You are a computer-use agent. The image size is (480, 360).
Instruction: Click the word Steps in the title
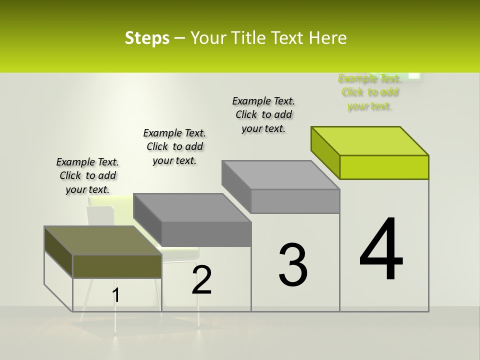coord(147,38)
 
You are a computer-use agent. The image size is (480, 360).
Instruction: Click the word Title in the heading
coord(249,38)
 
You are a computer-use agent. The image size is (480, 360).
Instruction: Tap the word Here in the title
coord(327,38)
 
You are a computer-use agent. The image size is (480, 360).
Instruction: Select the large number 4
coord(381,250)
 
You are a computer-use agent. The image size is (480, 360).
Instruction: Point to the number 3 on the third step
coord(293,265)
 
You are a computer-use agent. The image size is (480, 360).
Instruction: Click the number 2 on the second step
coord(202,280)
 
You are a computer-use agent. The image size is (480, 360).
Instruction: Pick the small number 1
coord(115,295)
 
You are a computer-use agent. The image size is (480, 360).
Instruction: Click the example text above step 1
coord(87,175)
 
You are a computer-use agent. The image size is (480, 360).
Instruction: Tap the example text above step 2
coord(174,146)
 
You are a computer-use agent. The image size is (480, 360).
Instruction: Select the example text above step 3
coord(263,114)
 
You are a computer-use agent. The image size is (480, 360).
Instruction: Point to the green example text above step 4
coord(369,92)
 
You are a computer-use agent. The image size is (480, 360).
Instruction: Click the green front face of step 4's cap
coord(384,167)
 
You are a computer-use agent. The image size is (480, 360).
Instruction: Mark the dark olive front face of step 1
coord(117,266)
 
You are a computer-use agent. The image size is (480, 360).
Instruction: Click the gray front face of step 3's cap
coord(295,201)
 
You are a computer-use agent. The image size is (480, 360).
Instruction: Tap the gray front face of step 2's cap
coord(206,234)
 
